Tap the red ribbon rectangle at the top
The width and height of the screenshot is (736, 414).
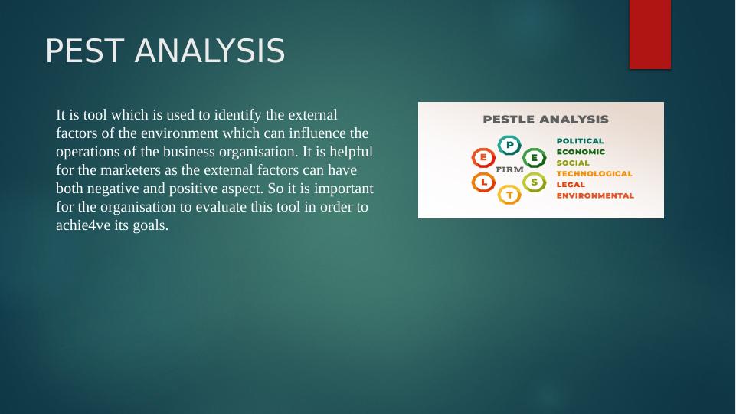click(x=650, y=34)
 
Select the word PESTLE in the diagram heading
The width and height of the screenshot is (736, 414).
click(x=511, y=120)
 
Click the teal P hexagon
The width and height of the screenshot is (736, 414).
click(x=509, y=145)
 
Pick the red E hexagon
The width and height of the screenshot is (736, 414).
click(x=483, y=157)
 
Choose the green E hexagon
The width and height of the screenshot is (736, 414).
click(x=534, y=158)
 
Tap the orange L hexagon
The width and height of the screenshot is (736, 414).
click(x=483, y=182)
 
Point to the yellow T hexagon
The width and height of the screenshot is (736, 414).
click(x=509, y=194)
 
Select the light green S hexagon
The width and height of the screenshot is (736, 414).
click(x=534, y=182)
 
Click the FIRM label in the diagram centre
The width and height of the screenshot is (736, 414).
click(x=509, y=169)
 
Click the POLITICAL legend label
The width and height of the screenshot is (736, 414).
click(x=581, y=141)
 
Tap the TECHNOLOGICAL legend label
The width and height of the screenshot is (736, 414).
click(x=594, y=174)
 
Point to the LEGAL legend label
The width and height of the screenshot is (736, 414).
click(x=571, y=185)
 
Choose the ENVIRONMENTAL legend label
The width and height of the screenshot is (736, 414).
click(x=595, y=195)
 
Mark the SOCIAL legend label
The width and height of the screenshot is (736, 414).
click(x=573, y=163)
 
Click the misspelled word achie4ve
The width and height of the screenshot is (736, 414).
click(x=83, y=225)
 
